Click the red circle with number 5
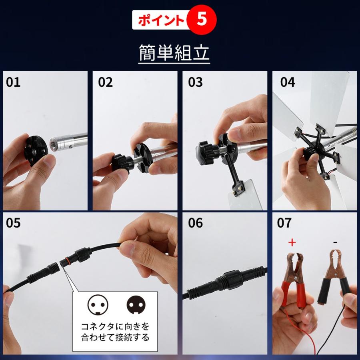click(x=202, y=20)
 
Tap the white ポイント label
click(x=160, y=21)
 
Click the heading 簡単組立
click(x=174, y=52)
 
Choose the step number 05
click(x=13, y=223)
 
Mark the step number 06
click(x=196, y=223)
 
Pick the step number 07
click(x=284, y=223)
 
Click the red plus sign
click(x=292, y=242)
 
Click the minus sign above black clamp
click(x=335, y=242)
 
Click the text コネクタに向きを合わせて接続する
click(x=115, y=332)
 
